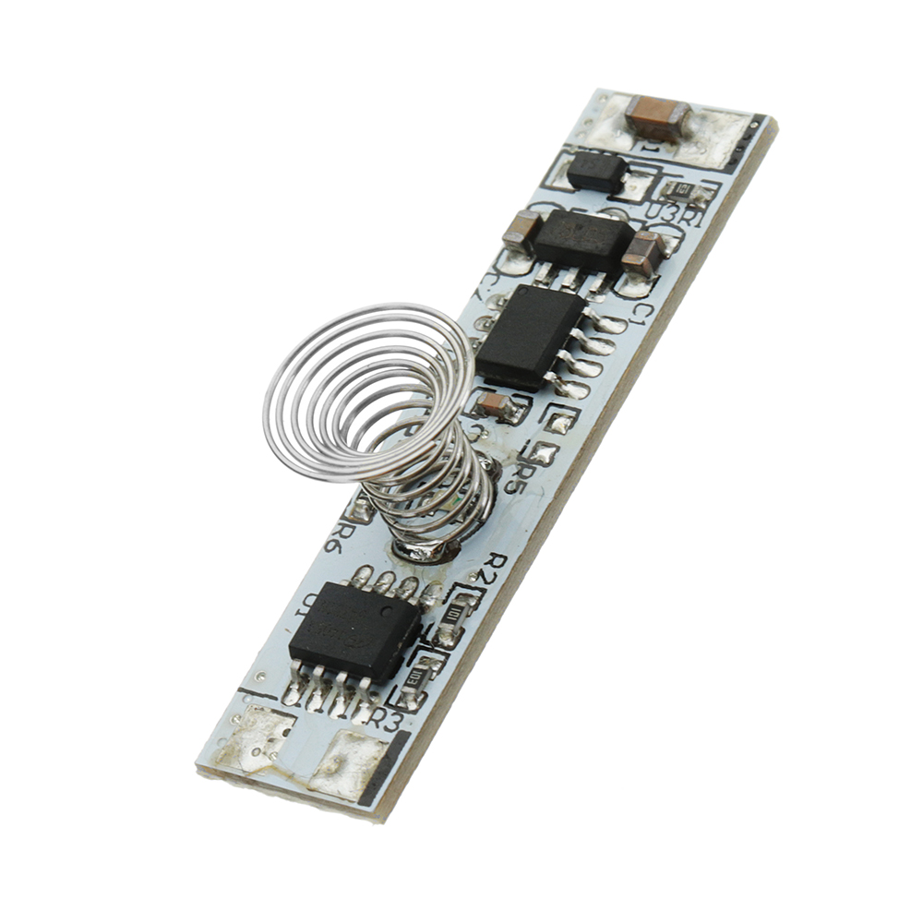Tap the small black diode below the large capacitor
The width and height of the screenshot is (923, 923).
coord(595,171)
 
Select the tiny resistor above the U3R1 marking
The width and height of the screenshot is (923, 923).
coord(684,191)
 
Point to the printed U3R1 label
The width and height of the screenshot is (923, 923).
coord(673,214)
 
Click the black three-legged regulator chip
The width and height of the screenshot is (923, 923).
coord(582,238)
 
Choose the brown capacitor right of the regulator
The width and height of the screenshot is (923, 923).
coord(641,254)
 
